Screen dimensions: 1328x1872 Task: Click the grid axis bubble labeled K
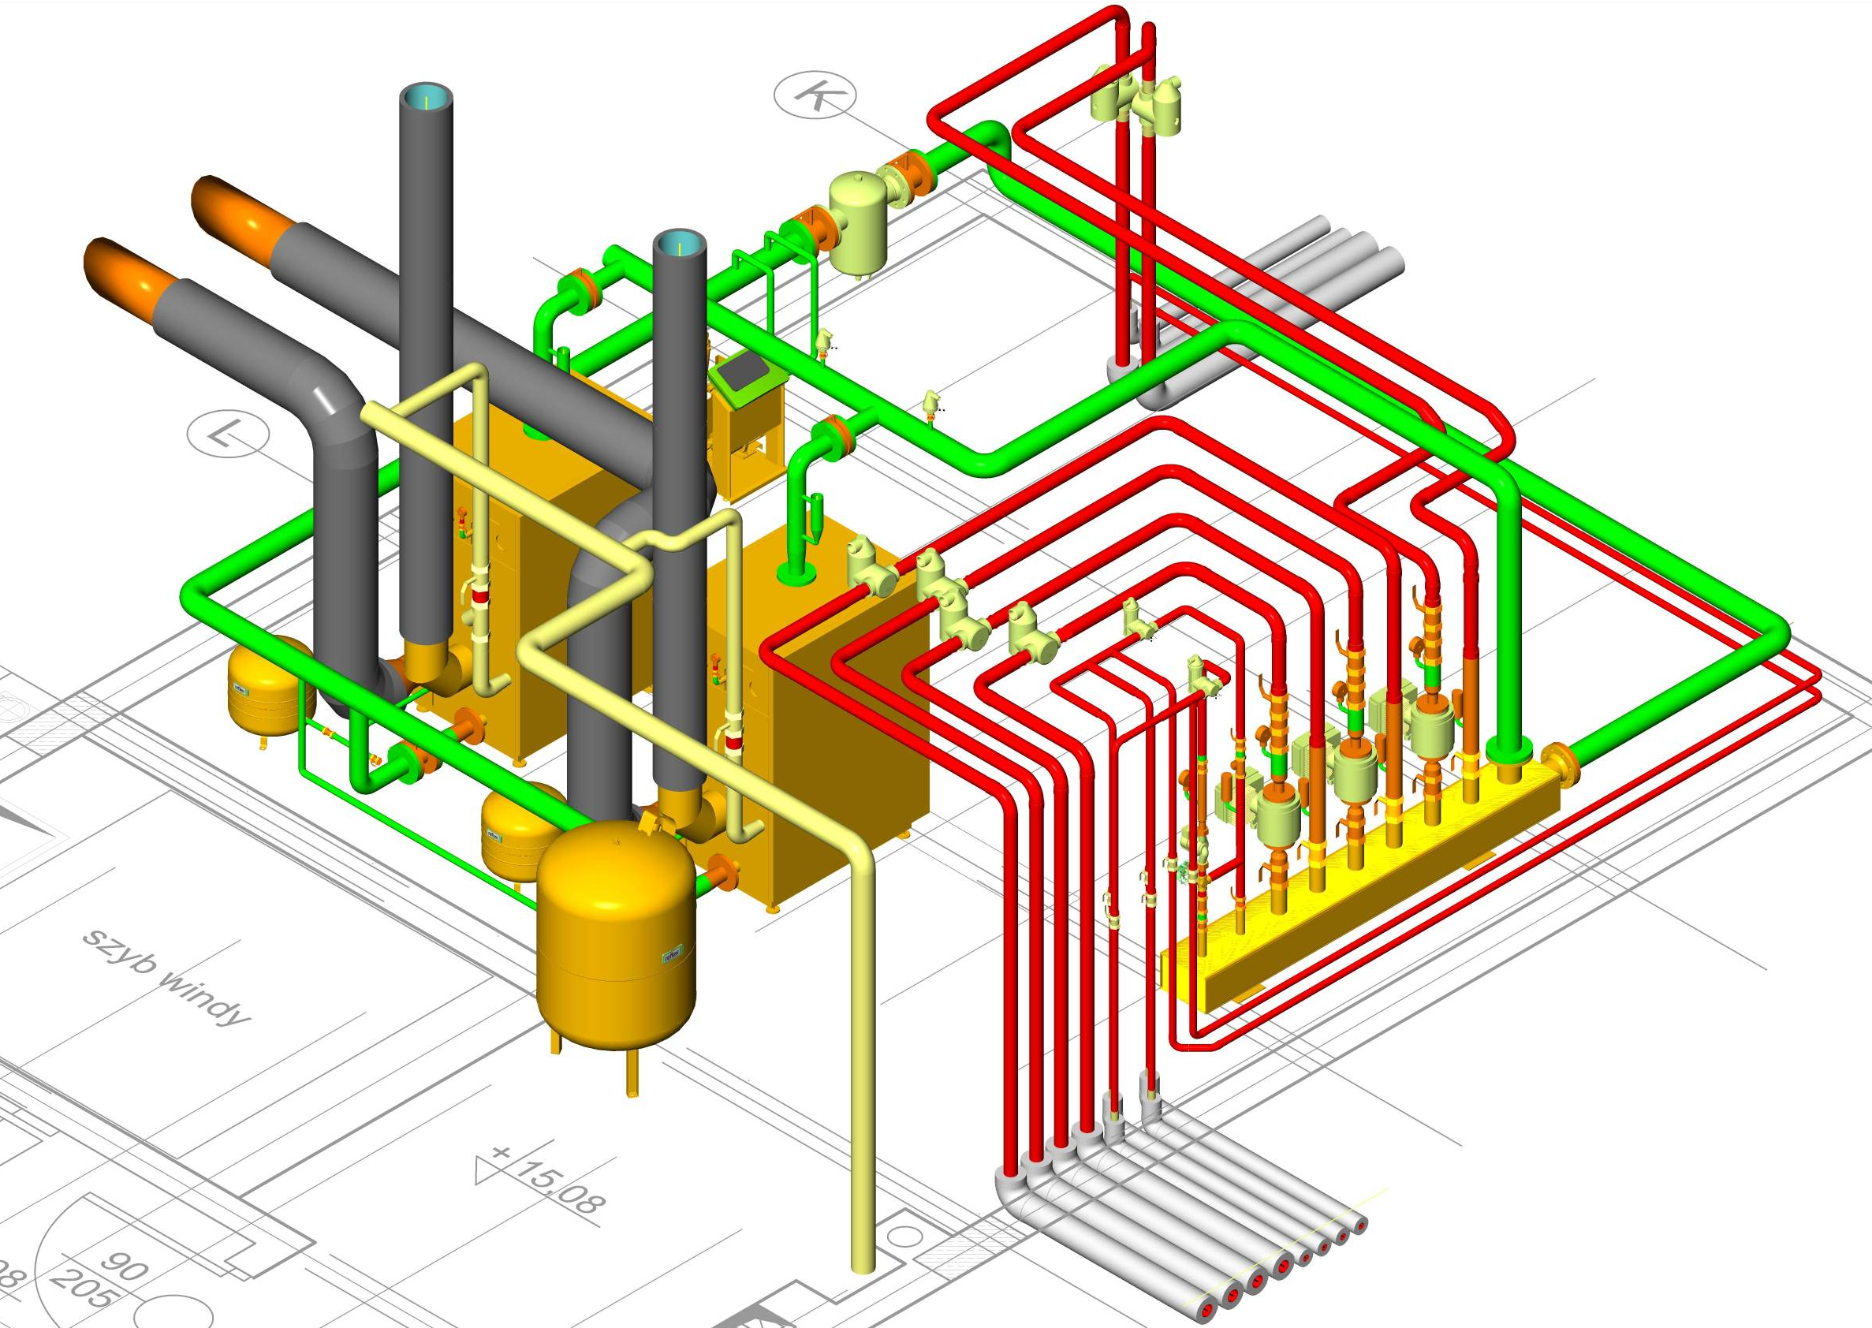point(815,95)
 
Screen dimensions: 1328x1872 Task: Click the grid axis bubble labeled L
point(228,433)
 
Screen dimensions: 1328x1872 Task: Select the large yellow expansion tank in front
point(616,932)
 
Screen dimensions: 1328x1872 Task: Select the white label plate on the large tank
point(671,954)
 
